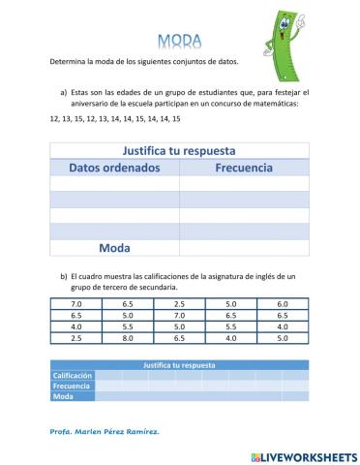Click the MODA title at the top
[179, 41]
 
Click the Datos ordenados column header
[112, 168]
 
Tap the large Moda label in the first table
[113, 247]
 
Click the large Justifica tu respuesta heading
[179, 151]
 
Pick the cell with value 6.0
[282, 304]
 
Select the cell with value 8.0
[127, 339]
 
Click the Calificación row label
[73, 375]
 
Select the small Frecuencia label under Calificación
[70, 386]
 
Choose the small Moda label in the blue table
[64, 396]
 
